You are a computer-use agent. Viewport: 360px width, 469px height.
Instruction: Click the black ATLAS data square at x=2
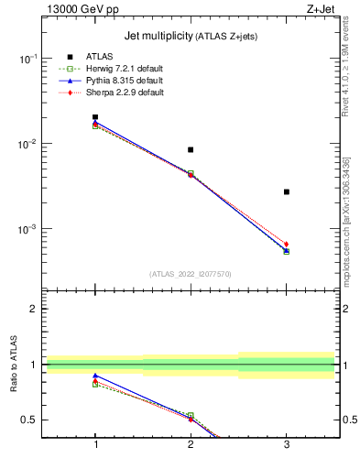[191, 149]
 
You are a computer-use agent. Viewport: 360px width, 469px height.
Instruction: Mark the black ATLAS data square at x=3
[287, 191]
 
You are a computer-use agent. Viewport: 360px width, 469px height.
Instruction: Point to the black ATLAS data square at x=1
[95, 117]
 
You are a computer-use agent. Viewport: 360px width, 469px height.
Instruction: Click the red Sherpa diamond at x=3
[287, 245]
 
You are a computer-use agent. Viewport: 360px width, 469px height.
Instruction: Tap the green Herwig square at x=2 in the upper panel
[191, 173]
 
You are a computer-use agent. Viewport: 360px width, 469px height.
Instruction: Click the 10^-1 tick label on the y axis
[27, 59]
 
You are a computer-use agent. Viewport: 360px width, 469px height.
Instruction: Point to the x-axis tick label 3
[287, 444]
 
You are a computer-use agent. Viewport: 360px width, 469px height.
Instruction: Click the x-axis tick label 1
[95, 444]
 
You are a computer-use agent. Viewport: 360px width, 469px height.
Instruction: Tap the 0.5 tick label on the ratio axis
[28, 420]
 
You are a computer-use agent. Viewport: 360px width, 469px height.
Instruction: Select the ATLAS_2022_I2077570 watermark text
[191, 274]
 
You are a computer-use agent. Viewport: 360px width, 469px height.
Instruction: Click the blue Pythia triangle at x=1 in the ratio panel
[95, 376]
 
